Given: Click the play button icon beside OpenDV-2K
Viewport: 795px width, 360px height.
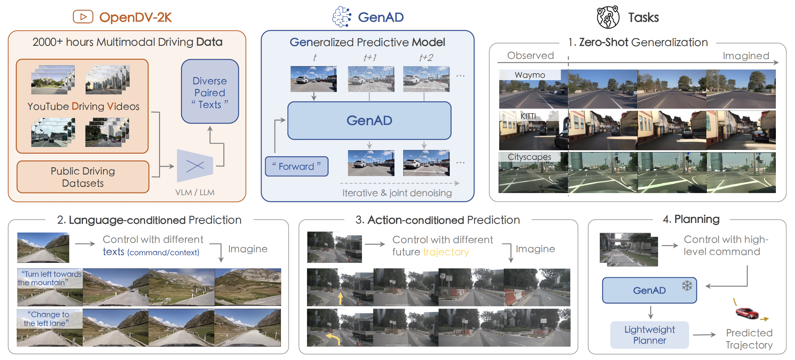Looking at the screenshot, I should tap(83, 17).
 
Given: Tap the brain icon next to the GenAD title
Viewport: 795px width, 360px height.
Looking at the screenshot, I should tap(342, 17).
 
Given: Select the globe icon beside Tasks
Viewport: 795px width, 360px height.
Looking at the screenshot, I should tap(608, 17).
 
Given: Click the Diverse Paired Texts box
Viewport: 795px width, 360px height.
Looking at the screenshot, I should tap(210, 92).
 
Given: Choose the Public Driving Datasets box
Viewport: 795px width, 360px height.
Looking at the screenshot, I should tap(83, 177).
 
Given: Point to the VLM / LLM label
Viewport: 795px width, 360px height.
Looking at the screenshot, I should tap(195, 192).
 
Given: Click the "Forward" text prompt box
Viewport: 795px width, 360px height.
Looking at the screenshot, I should tap(297, 167).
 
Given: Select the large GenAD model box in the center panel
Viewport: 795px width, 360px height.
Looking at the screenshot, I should tap(369, 121).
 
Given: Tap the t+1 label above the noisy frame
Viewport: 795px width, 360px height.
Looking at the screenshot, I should tap(370, 58).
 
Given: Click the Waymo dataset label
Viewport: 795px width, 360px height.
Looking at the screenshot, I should tap(530, 75).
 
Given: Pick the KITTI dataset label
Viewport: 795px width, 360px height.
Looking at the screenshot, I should tap(528, 116).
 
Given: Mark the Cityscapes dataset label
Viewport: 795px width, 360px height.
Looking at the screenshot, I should tap(529, 157).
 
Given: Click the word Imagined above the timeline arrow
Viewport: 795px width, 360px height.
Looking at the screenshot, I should tap(746, 56).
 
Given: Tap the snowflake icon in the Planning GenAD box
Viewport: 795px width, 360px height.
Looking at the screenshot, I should tap(687, 286).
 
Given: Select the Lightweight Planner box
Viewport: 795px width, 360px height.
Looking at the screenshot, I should tap(649, 335).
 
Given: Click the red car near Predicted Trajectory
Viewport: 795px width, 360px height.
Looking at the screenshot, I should tap(746, 313).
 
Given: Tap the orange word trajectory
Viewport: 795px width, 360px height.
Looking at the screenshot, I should tap(446, 252).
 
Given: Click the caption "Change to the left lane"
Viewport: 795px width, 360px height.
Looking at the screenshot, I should tap(46, 319).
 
